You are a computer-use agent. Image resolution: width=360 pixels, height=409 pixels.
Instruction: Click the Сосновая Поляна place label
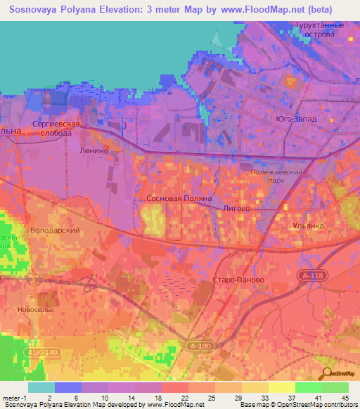179,199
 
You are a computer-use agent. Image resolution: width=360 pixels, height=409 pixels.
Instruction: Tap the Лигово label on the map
236,209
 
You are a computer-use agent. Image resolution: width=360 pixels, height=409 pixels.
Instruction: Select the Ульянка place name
307,226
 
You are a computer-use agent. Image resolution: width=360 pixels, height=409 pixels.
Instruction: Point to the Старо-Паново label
238,280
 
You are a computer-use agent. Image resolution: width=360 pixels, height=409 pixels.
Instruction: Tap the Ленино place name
94,150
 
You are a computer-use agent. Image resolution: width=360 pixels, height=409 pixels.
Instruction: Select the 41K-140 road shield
44,352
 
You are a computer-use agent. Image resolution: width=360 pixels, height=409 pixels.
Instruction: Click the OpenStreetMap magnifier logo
326,372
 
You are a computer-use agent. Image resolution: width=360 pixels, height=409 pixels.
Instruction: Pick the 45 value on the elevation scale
345,398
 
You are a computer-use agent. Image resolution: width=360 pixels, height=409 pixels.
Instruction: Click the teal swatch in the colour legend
41,387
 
